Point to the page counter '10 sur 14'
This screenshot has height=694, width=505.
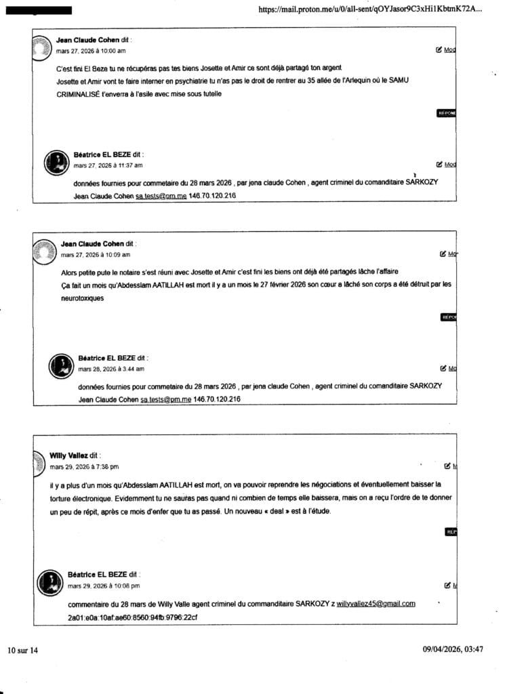23,650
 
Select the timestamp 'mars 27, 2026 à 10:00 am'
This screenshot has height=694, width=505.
90,51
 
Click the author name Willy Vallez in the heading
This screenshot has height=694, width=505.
69,456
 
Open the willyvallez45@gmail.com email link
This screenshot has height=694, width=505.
376,604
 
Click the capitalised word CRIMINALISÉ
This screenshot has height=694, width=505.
78,94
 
